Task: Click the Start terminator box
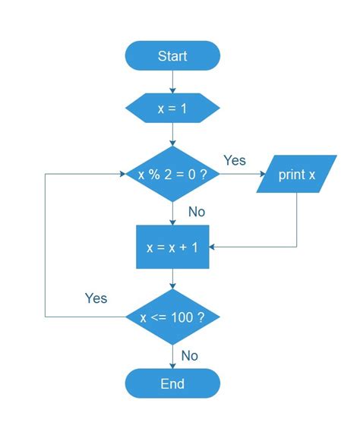tap(172, 56)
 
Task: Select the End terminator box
tap(172, 383)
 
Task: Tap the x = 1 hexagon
tap(172, 108)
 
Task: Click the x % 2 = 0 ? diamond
tap(172, 175)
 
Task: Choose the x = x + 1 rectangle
tap(172, 247)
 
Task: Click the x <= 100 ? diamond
tap(172, 317)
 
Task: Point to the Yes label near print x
tap(235, 160)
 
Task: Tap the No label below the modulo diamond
tap(196, 212)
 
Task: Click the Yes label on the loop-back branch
tap(96, 298)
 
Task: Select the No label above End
tap(190, 355)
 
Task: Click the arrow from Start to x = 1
tap(172, 81)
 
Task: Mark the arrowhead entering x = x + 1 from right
tap(215, 247)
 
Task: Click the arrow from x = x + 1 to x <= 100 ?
tap(172, 278)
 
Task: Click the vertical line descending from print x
tap(296, 220)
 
